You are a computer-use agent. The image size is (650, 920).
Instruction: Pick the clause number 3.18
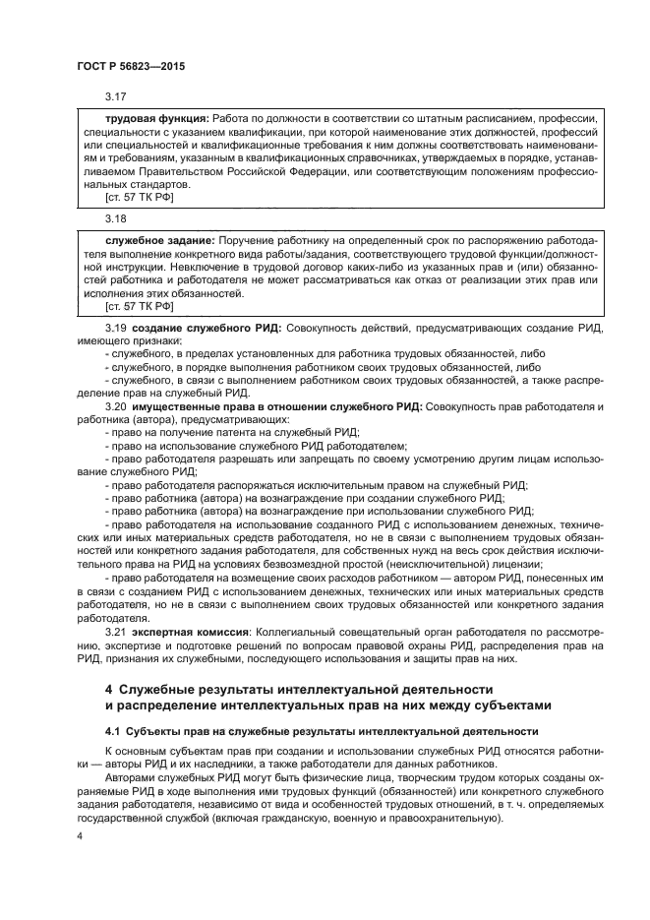coord(116,217)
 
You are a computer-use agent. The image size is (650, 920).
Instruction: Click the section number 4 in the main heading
coord(109,688)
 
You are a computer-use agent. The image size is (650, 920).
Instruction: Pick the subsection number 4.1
coord(113,731)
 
